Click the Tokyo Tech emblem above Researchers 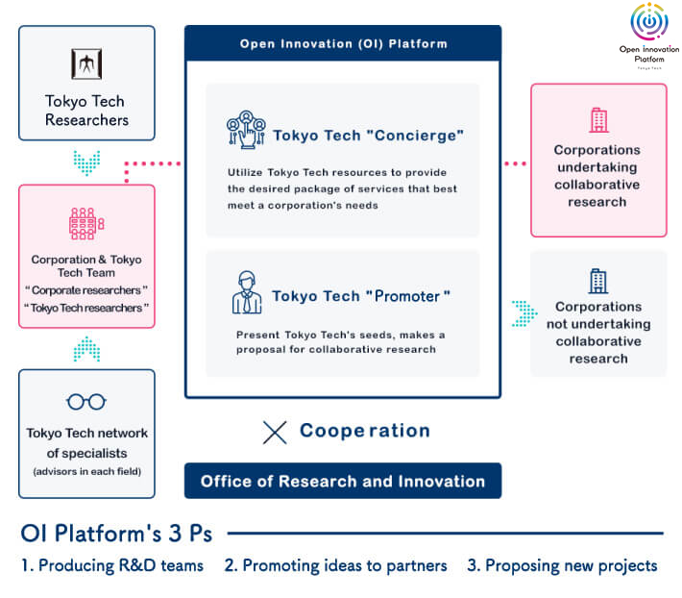click(86, 65)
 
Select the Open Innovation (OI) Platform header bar click(343, 43)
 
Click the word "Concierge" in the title click(409, 136)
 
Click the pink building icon click(597, 120)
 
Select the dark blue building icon click(597, 282)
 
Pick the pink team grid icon click(86, 223)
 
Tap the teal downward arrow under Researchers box click(86, 162)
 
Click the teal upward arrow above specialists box click(86, 348)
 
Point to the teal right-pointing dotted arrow click(524, 312)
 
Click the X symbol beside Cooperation click(275, 433)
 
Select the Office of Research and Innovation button click(343, 481)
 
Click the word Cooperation click(364, 431)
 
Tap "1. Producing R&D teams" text click(112, 565)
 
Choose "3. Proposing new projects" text click(562, 565)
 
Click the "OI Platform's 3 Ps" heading click(116, 533)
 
